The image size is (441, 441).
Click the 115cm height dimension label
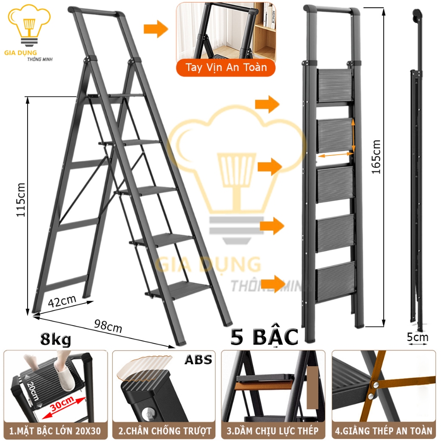point(21,200)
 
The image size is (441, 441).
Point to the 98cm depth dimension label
point(108,326)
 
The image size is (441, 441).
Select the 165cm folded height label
point(376,157)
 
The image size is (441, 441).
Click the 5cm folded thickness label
point(417,337)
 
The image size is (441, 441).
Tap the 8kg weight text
point(56,339)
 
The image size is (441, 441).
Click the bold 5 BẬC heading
point(264,337)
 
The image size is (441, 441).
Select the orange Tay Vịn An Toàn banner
point(226,68)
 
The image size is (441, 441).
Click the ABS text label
point(198,360)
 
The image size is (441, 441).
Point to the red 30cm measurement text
point(62,403)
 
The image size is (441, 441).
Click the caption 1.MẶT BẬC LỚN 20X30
point(55,431)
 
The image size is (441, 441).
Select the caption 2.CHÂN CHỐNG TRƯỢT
point(165,431)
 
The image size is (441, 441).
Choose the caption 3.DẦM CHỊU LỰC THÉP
point(273,431)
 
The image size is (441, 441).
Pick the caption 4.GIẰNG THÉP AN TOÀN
point(383,431)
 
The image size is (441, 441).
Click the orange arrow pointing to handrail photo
point(156,29)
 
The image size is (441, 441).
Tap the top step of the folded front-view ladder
point(334,86)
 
